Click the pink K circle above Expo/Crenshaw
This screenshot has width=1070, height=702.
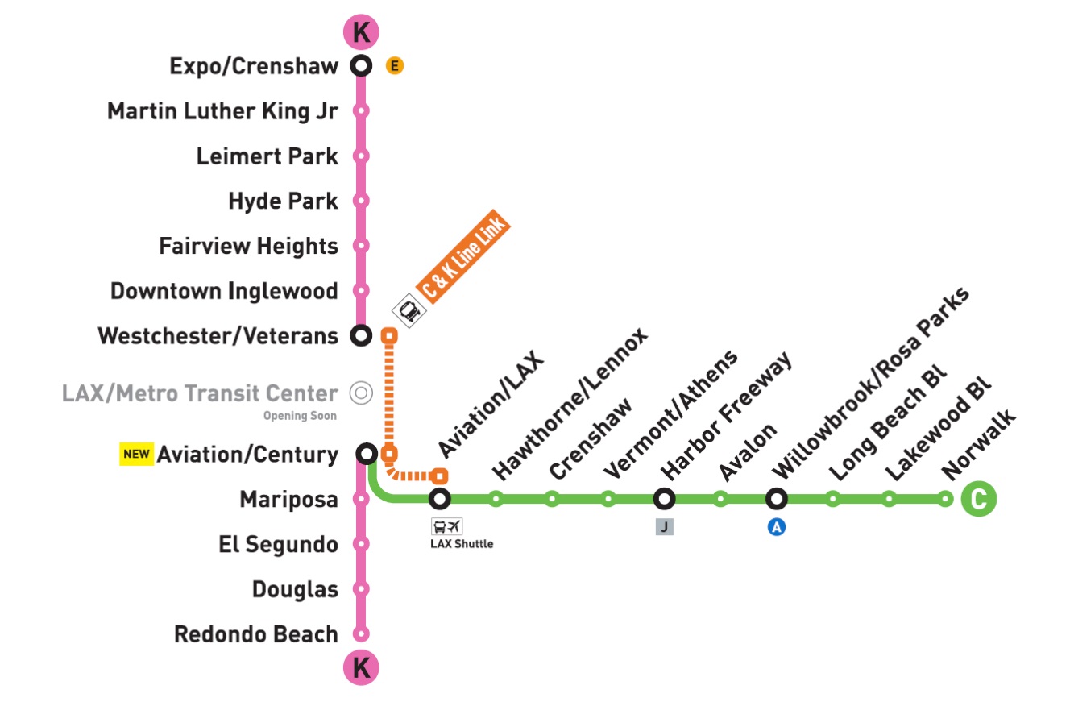pyautogui.click(x=361, y=31)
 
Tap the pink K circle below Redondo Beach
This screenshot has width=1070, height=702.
pyautogui.click(x=361, y=668)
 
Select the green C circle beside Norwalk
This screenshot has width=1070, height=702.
pyautogui.click(x=979, y=499)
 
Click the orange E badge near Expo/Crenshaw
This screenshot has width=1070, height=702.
pyautogui.click(x=394, y=66)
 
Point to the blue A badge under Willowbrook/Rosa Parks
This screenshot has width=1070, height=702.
pyautogui.click(x=777, y=528)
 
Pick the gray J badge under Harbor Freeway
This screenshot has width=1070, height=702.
pyautogui.click(x=665, y=528)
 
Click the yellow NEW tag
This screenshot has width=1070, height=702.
pyautogui.click(x=136, y=454)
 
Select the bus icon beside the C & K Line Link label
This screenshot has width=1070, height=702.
pyautogui.click(x=409, y=310)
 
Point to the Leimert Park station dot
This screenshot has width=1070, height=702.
pyautogui.click(x=362, y=156)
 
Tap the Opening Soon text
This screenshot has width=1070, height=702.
pyautogui.click(x=300, y=416)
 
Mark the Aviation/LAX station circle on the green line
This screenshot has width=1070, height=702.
pyautogui.click(x=440, y=499)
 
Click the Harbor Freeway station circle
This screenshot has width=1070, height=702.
pyautogui.click(x=665, y=499)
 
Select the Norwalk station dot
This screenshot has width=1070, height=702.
pyautogui.click(x=945, y=499)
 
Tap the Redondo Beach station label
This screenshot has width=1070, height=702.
pyautogui.click(x=256, y=634)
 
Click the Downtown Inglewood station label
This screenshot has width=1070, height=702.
pyautogui.click(x=224, y=291)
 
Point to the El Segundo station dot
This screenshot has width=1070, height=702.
pyautogui.click(x=362, y=544)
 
